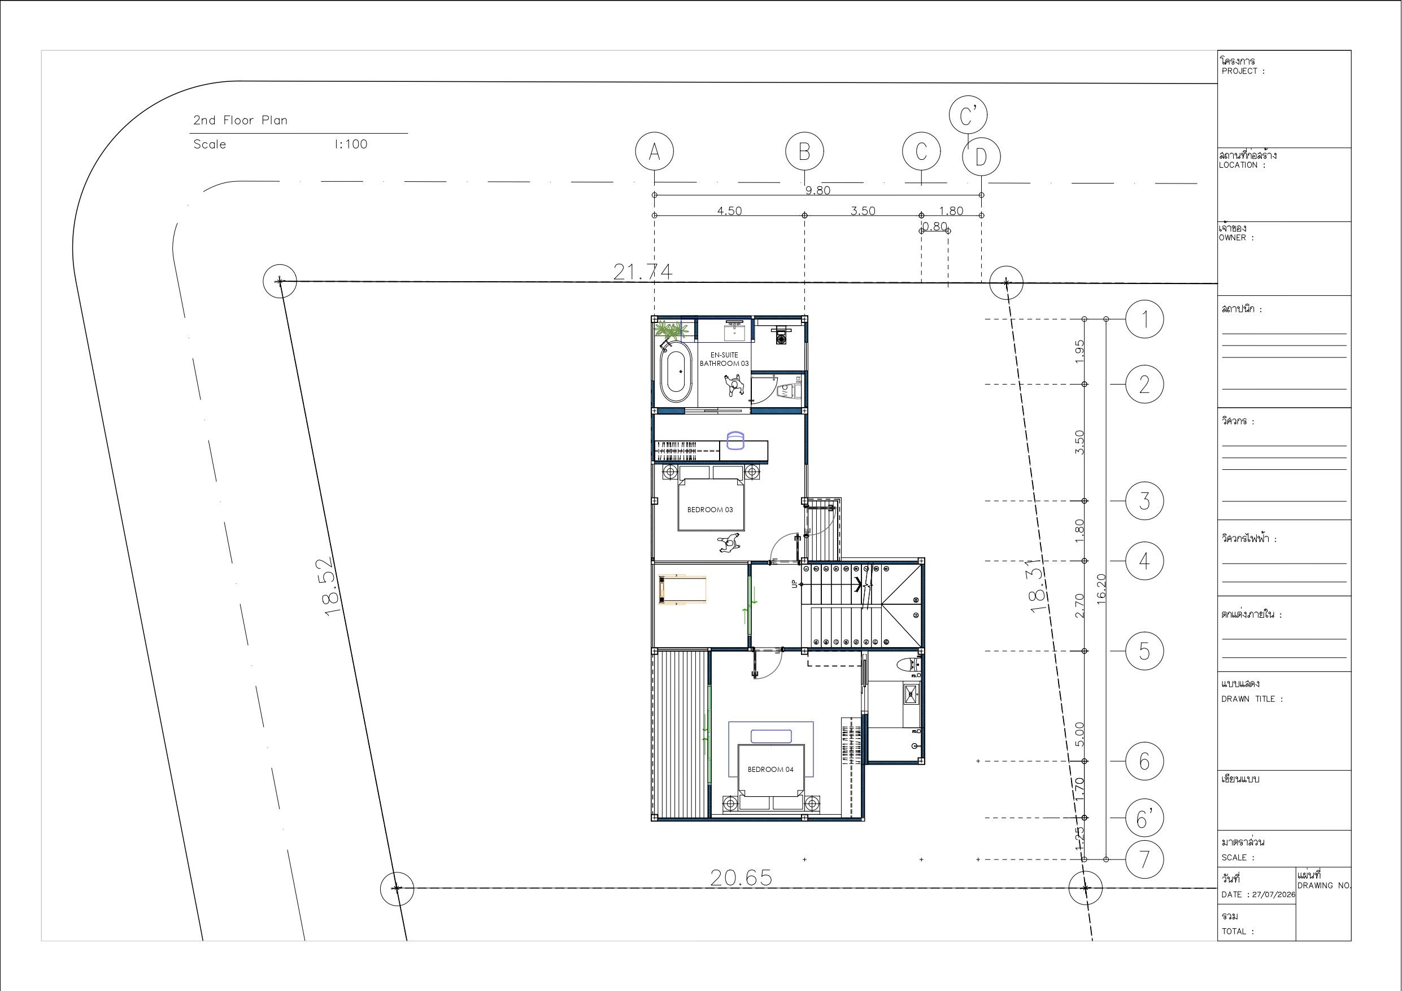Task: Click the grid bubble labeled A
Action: click(x=654, y=151)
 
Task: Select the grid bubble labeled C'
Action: click(x=968, y=115)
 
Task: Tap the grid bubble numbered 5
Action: click(x=1144, y=651)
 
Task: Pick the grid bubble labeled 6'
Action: click(x=1144, y=818)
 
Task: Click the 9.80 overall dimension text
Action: click(x=817, y=190)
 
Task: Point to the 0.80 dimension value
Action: click(x=934, y=226)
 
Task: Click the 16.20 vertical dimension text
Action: click(x=1101, y=588)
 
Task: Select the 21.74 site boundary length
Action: click(x=642, y=271)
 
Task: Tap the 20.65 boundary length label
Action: click(x=741, y=878)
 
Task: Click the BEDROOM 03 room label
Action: click(x=709, y=510)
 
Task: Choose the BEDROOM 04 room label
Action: click(x=770, y=769)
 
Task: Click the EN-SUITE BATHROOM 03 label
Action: click(x=724, y=359)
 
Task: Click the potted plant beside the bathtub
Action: click(x=670, y=330)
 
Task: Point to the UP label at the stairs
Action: click(x=794, y=584)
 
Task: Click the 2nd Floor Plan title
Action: click(x=240, y=120)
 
